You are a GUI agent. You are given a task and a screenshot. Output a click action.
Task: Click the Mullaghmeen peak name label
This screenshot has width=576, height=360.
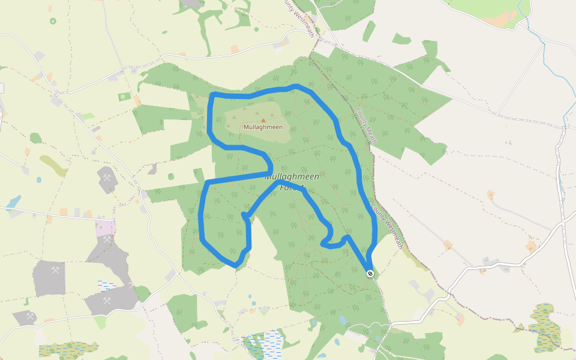263,127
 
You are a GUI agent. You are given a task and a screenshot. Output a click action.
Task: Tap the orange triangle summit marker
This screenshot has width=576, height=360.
263,121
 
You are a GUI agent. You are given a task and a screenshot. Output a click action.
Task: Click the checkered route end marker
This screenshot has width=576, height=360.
370,274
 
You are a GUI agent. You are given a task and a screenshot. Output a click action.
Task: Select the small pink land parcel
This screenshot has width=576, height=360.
105,227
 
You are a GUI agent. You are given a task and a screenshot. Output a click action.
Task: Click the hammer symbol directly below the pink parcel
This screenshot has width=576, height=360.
107,239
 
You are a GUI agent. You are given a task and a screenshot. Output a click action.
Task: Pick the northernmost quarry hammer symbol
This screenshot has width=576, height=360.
107,178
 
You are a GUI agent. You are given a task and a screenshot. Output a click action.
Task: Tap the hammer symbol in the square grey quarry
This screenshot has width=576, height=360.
55,269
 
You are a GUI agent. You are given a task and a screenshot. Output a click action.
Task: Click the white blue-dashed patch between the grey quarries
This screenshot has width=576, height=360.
108,284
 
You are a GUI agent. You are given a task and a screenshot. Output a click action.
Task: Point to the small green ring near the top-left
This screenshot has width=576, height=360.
53,21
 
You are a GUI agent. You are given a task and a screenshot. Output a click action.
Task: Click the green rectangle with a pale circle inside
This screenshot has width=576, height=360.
124,96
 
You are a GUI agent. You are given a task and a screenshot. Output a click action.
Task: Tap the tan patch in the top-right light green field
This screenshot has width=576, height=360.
501,18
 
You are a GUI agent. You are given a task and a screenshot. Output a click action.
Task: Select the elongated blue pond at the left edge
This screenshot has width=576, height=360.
13,202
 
